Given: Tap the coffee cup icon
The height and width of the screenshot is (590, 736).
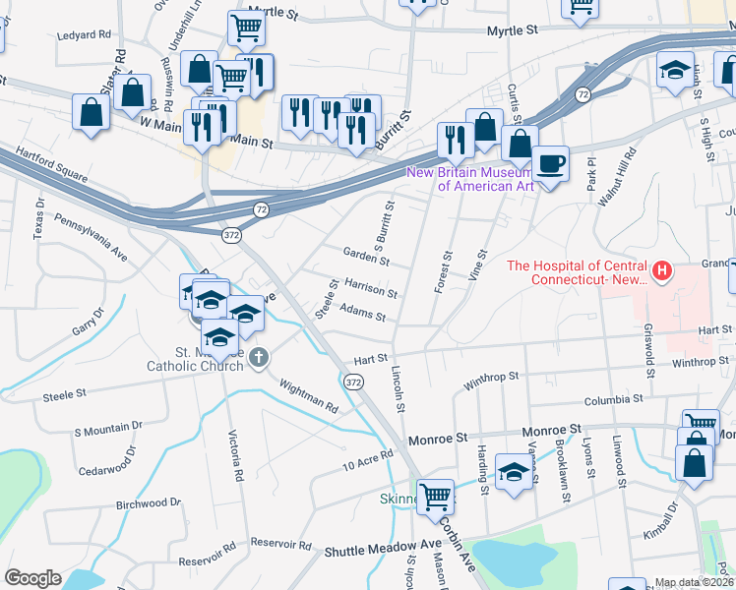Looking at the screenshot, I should pyautogui.click(x=551, y=163).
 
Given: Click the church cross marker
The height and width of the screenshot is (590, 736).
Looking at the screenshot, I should pyautogui.click(x=258, y=356).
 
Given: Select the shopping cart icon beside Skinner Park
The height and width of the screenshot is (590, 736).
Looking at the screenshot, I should pyautogui.click(x=434, y=495).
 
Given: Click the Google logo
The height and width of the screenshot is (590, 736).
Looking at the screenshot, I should pyautogui.click(x=32, y=578).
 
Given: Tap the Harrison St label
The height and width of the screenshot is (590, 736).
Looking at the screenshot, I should pyautogui.click(x=370, y=286).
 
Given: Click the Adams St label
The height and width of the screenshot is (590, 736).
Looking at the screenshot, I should pyautogui.click(x=362, y=313).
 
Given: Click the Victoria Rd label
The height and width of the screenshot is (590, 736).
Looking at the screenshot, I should pyautogui.click(x=236, y=453).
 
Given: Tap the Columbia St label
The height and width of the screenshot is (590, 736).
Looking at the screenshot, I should pyautogui.click(x=611, y=400).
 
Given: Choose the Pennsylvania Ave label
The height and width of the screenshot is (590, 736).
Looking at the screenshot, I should pyautogui.click(x=91, y=237).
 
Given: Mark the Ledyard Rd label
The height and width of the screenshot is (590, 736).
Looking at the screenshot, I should pyautogui.click(x=85, y=34).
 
